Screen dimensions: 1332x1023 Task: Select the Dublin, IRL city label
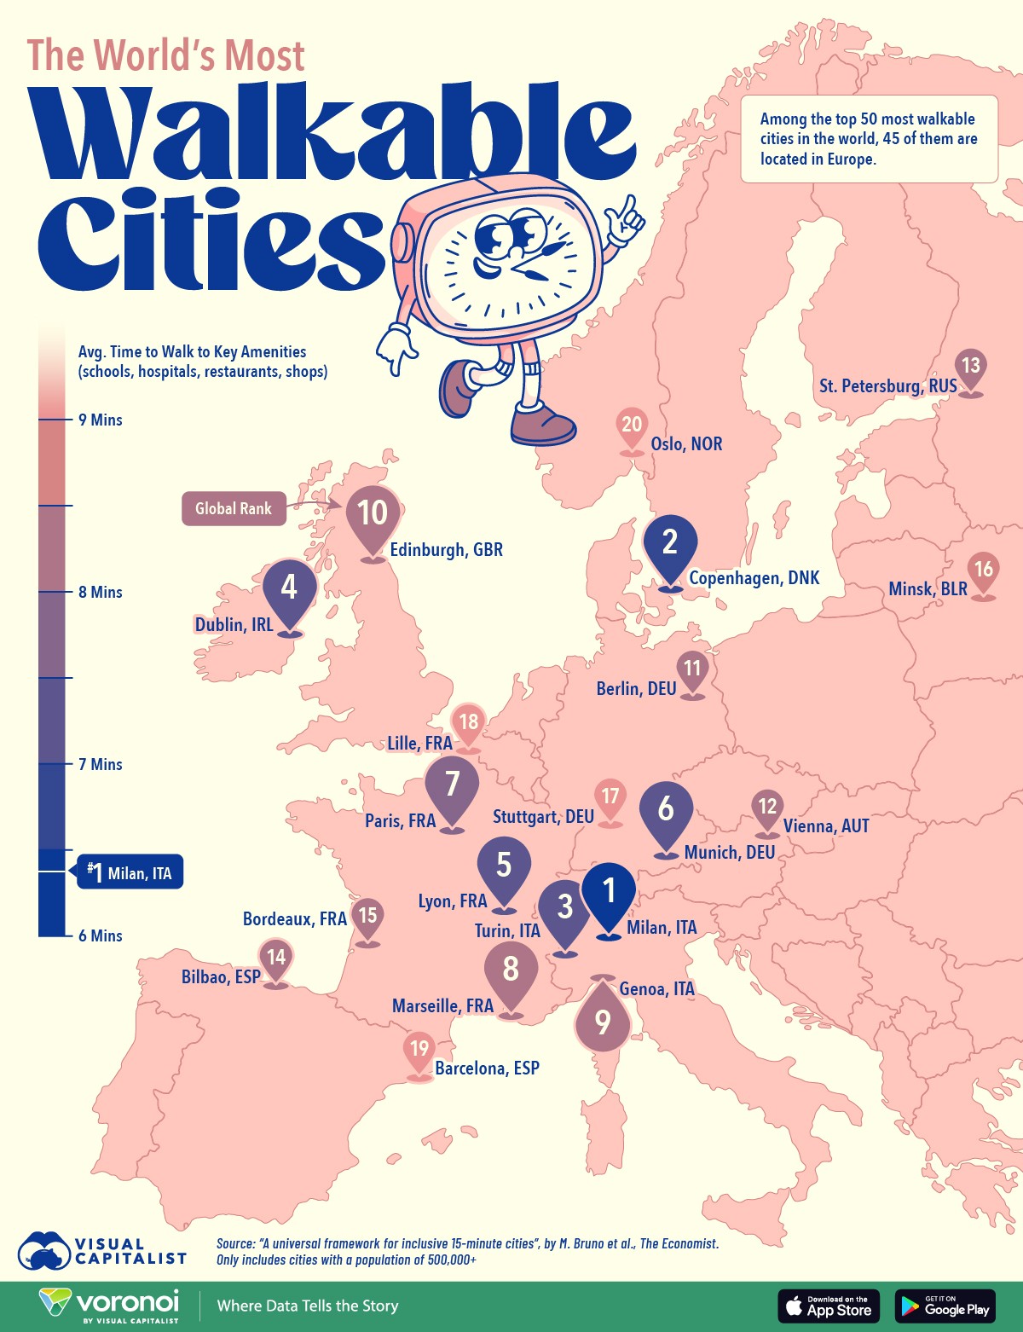coord(234,625)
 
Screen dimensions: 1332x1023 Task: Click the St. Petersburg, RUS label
coord(887,386)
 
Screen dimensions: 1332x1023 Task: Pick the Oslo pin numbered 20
coord(632,426)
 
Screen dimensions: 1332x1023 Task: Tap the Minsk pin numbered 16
coord(984,570)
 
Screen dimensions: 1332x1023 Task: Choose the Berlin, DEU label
coord(636,689)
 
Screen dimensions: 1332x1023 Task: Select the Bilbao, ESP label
coord(221,977)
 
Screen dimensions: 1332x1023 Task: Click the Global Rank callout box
coord(234,509)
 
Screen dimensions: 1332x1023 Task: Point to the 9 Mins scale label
coord(101,420)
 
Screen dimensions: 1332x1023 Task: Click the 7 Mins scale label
coord(101,765)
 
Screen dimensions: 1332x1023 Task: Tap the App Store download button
coord(828,1306)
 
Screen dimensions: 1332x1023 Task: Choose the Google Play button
coord(945,1306)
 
